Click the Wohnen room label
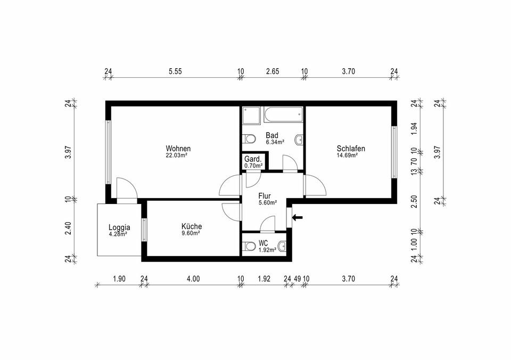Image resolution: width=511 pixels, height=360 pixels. [x=178, y=149]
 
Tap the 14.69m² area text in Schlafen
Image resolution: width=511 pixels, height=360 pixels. [x=347, y=156]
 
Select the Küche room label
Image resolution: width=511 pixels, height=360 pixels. [x=191, y=226]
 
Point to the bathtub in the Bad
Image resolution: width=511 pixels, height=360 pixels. [x=283, y=113]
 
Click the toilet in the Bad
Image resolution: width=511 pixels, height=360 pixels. [x=249, y=140]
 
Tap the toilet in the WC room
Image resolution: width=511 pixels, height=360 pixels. [x=249, y=246]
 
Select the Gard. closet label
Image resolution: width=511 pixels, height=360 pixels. [x=253, y=159]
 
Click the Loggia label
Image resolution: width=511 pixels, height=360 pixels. [x=120, y=226]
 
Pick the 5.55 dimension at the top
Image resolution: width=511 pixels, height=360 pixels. [x=175, y=71]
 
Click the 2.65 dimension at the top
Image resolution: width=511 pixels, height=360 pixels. [x=272, y=71]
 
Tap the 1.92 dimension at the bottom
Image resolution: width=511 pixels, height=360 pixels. [x=264, y=278]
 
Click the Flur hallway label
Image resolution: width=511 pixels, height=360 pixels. [x=265, y=195]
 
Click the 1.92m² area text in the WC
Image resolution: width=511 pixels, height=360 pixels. [x=267, y=249]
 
